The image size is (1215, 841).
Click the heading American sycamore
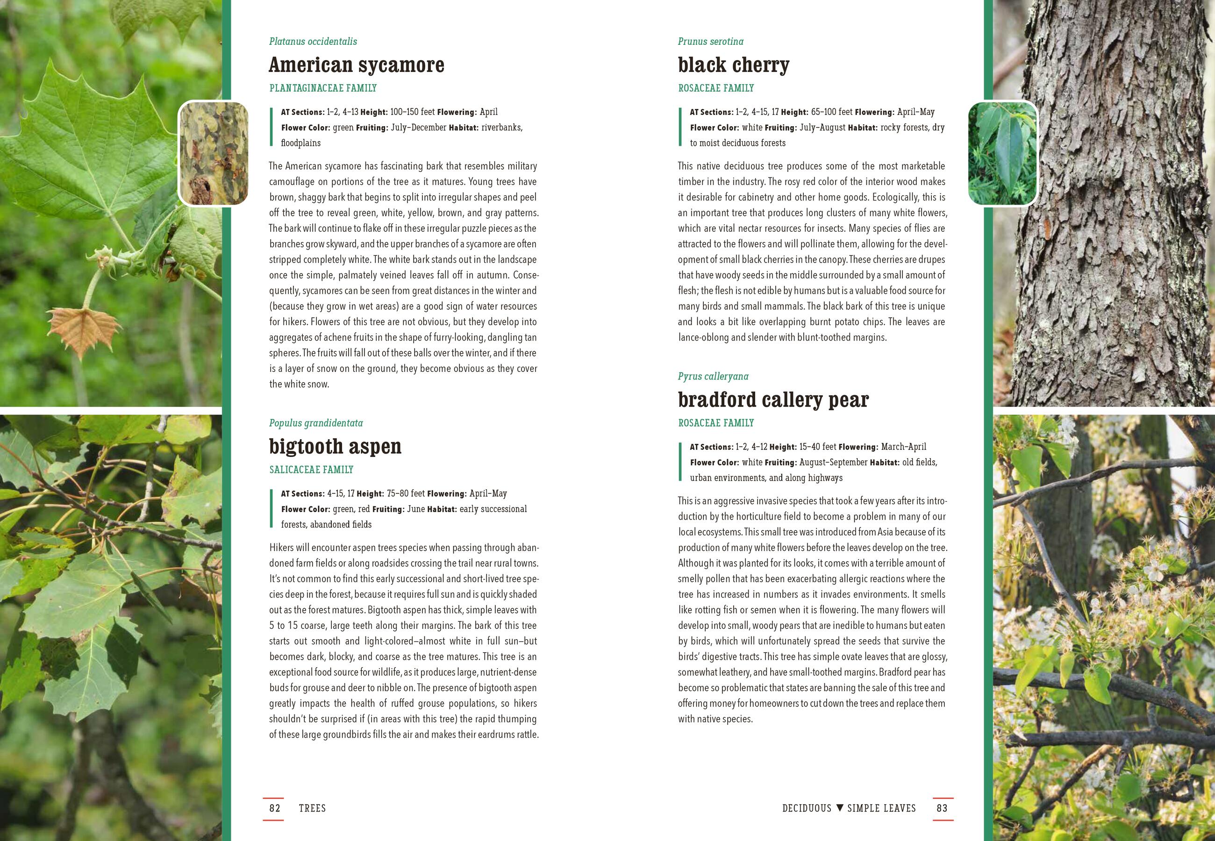click(x=356, y=65)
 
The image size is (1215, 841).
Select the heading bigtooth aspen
click(x=335, y=447)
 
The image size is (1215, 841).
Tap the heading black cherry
click(x=733, y=65)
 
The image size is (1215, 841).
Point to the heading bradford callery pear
click(x=773, y=400)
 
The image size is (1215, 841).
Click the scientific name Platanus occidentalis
click(x=313, y=42)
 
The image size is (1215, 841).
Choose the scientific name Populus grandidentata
click(x=315, y=423)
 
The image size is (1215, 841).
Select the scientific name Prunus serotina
click(x=711, y=42)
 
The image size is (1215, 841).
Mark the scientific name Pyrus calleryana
click(x=713, y=376)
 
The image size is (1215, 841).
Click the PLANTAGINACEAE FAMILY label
click(x=323, y=88)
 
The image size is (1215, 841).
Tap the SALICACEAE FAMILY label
click(x=311, y=470)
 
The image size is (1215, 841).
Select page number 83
click(x=942, y=808)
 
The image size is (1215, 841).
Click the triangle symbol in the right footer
click(x=840, y=808)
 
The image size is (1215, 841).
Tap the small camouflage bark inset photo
click(x=214, y=153)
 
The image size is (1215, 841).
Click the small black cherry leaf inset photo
click(x=1003, y=153)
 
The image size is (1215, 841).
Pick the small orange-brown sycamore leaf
click(x=83, y=330)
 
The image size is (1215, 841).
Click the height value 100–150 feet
click(x=412, y=112)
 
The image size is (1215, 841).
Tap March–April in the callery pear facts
click(x=904, y=447)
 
